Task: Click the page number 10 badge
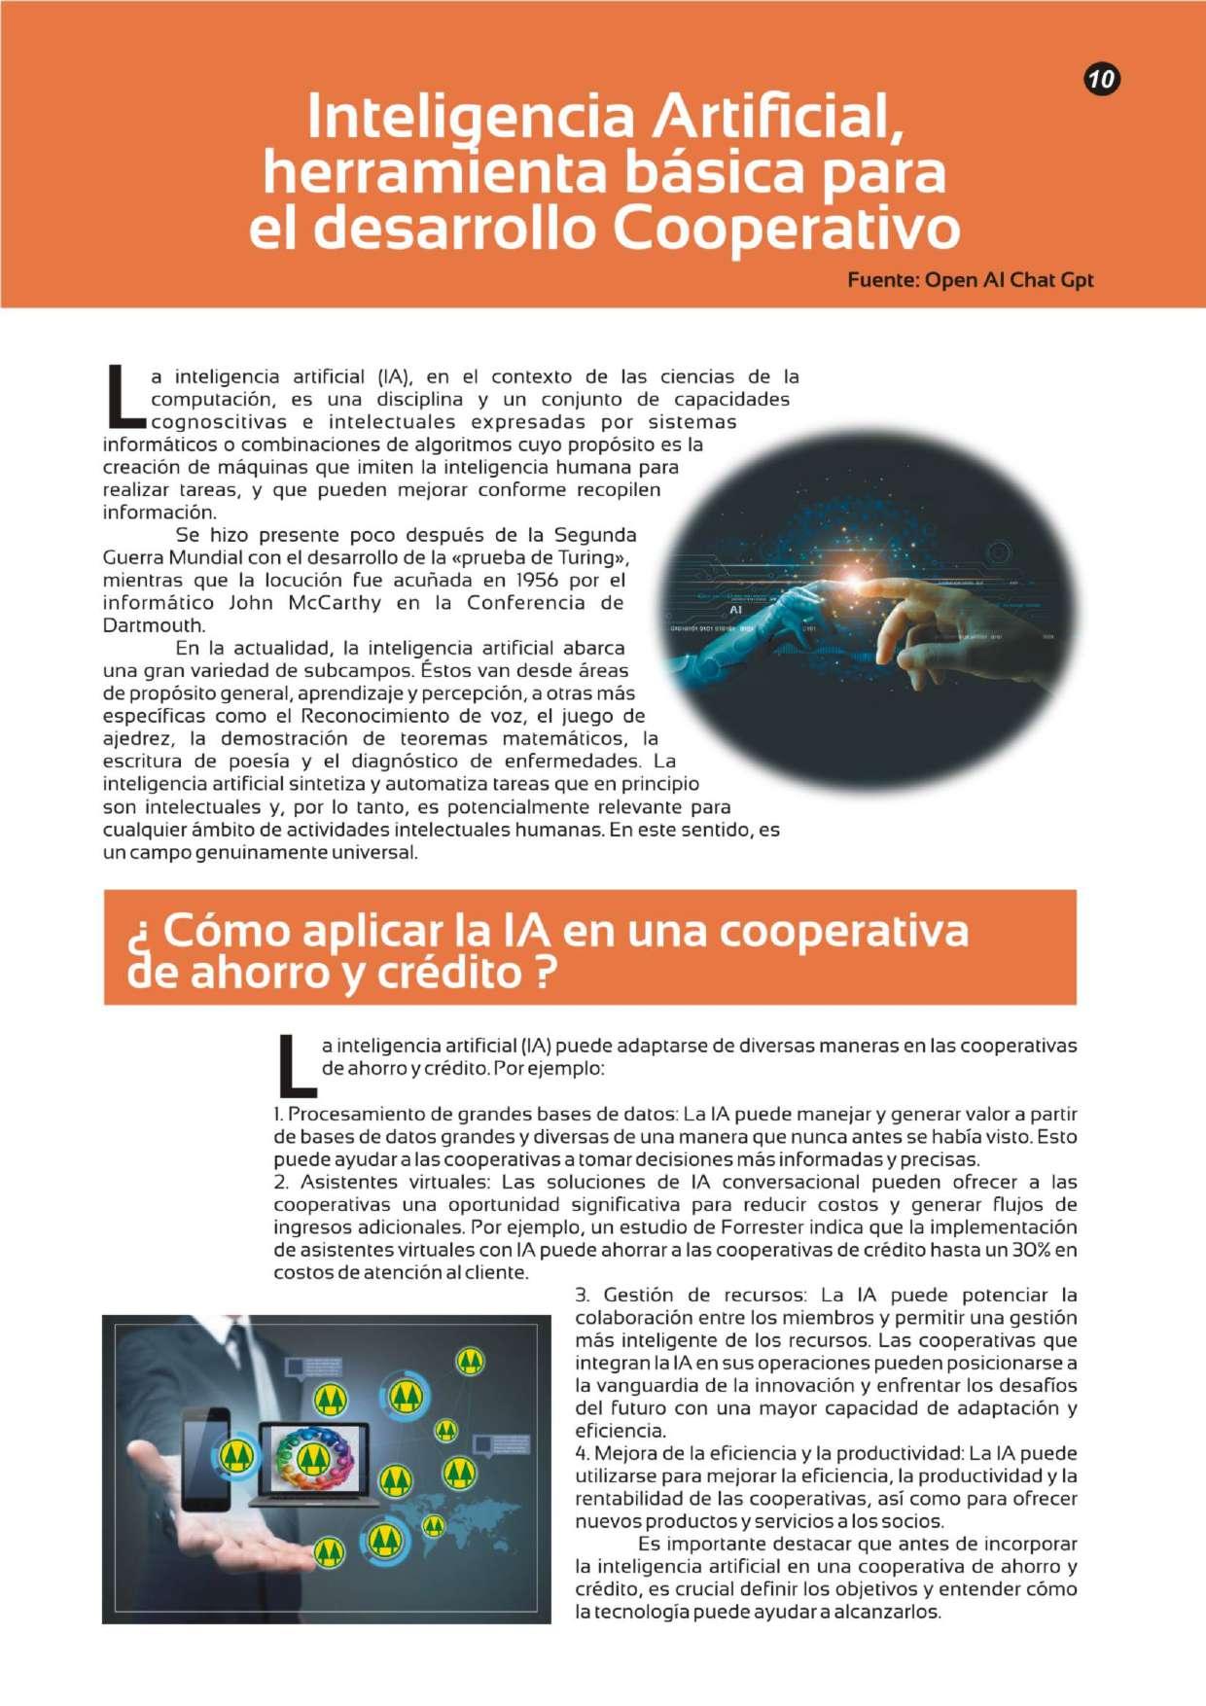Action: [x=1102, y=78]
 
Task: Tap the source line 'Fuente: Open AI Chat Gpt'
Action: [x=970, y=280]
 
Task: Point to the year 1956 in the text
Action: [x=537, y=581]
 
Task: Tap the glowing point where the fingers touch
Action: [x=856, y=581]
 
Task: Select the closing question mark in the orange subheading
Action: [x=546, y=972]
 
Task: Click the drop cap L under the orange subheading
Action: [x=295, y=1065]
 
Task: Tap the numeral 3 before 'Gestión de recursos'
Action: [x=582, y=1296]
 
